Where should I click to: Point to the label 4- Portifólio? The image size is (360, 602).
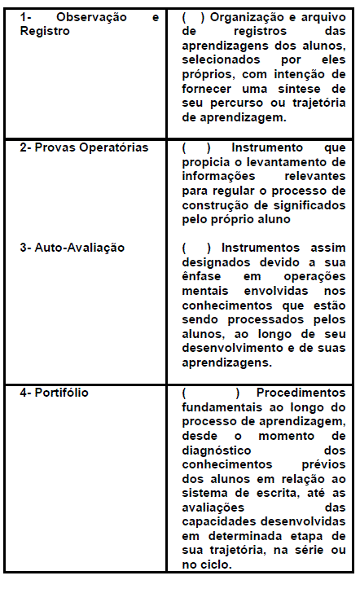(55, 393)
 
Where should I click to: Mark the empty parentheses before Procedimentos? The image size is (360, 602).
(204, 393)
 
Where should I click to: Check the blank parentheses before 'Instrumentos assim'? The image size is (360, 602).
(195, 248)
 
